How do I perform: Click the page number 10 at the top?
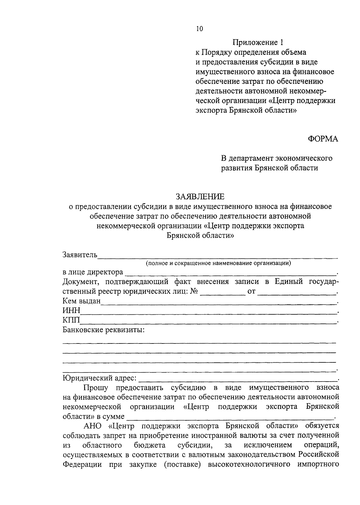(x=199, y=29)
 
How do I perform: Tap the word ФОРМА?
(x=323, y=139)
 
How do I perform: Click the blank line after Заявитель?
(x=217, y=256)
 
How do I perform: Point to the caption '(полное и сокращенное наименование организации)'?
(x=219, y=264)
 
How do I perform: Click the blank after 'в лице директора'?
(x=230, y=273)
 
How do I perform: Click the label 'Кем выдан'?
(x=81, y=301)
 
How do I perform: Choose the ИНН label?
(x=71, y=311)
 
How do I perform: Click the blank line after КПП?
(x=208, y=322)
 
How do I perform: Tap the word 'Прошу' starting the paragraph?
(x=96, y=388)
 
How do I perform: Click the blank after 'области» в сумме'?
(x=230, y=417)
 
